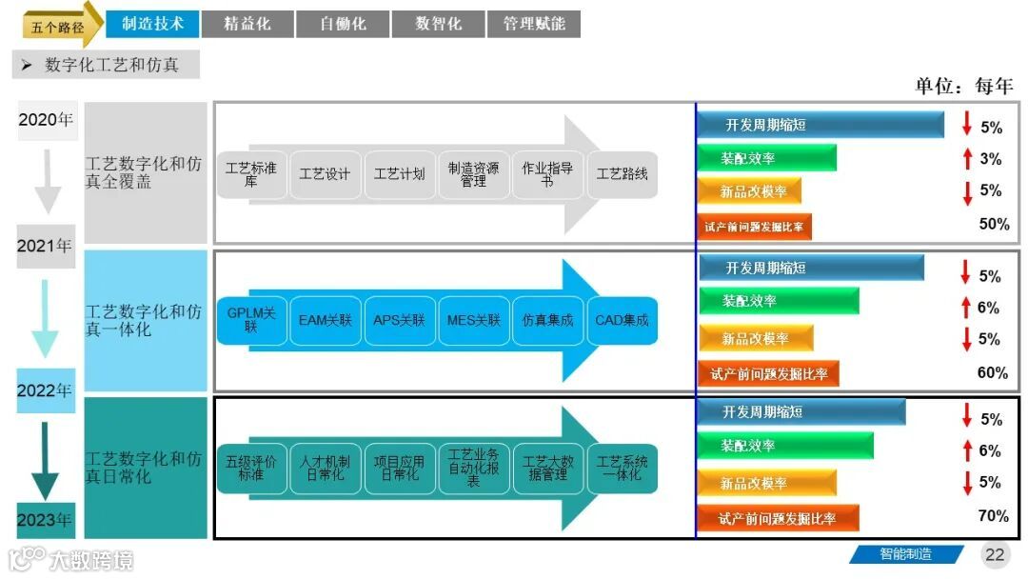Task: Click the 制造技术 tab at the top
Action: pyautogui.click(x=152, y=24)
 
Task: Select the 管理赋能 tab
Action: pyautogui.click(x=534, y=24)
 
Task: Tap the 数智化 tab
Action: pyautogui.click(x=438, y=24)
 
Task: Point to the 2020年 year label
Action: pyautogui.click(x=46, y=120)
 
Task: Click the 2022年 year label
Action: pyautogui.click(x=45, y=390)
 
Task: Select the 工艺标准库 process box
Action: pyautogui.click(x=250, y=174)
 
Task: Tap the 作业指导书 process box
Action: pyautogui.click(x=547, y=174)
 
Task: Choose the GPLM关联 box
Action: pyautogui.click(x=250, y=320)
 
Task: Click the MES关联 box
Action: pyautogui.click(x=473, y=320)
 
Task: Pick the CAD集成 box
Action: pyautogui.click(x=622, y=320)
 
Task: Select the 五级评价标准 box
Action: pyautogui.click(x=250, y=468)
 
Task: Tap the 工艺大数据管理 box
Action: pyautogui.click(x=547, y=468)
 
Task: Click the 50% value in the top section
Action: pyautogui.click(x=994, y=225)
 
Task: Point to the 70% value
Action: pyautogui.click(x=994, y=516)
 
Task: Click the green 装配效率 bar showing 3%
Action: pyautogui.click(x=767, y=158)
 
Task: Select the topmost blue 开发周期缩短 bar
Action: pyautogui.click(x=820, y=125)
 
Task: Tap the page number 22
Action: pyautogui.click(x=995, y=554)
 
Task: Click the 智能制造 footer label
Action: pyautogui.click(x=905, y=554)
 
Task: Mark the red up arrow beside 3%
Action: pyautogui.click(x=967, y=159)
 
